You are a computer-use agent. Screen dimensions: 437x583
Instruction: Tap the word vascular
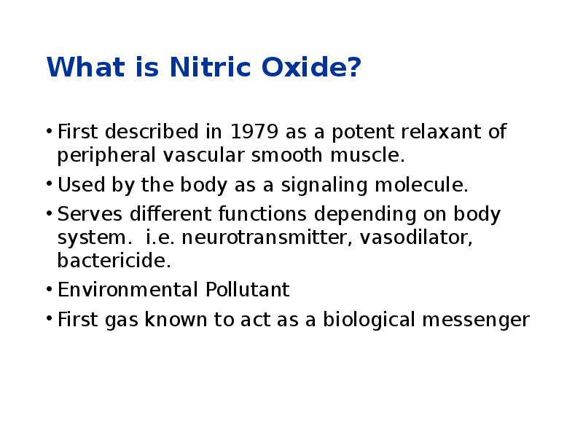(206, 156)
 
